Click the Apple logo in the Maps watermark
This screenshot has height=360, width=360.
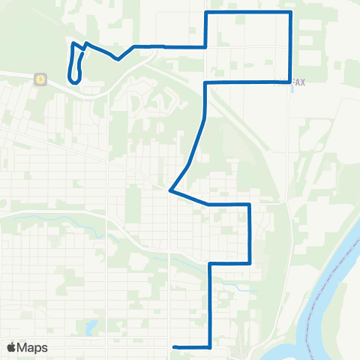[11, 347]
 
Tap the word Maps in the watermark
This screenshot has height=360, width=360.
[33, 347]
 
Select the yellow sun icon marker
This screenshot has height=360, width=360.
[39, 78]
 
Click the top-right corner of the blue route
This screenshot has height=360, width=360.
[289, 13]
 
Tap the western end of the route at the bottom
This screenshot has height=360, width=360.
[174, 346]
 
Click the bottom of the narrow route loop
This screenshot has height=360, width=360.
[73, 80]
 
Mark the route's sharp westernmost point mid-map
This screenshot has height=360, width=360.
[171, 190]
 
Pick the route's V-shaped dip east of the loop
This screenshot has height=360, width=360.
[118, 59]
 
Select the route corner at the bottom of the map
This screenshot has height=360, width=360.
[209, 347]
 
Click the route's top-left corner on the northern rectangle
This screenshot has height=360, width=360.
[206, 13]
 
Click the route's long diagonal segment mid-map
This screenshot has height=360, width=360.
[191, 150]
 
